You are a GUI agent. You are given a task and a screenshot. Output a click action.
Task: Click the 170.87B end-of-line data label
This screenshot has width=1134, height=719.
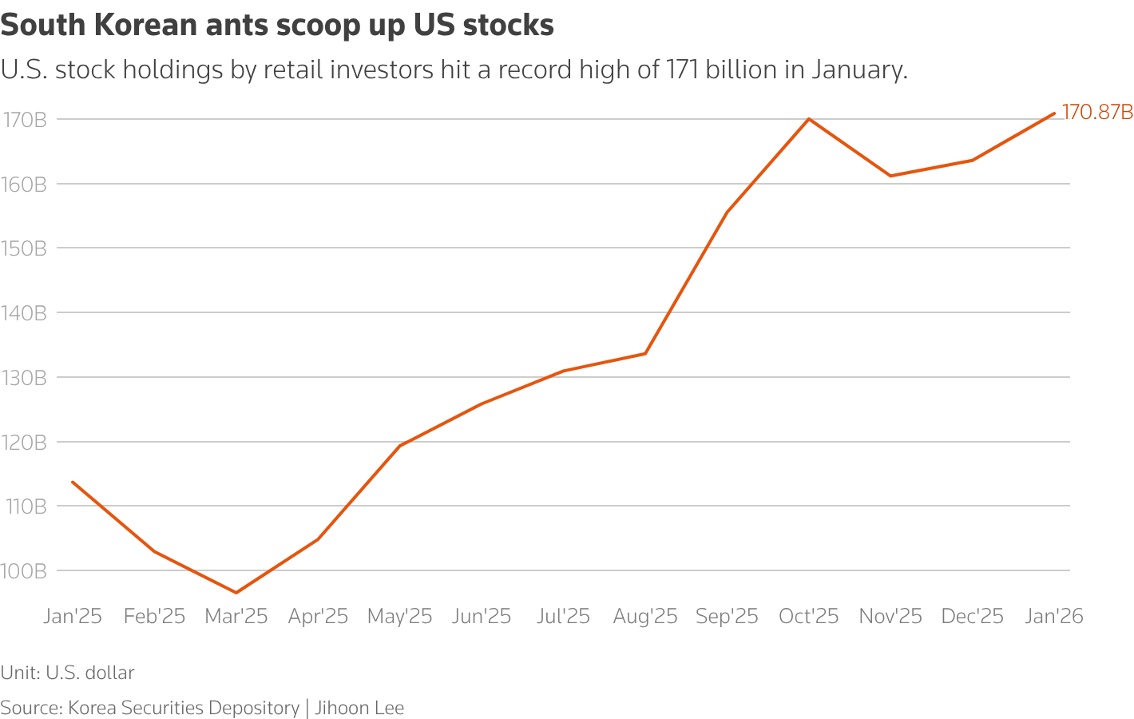click(x=1096, y=113)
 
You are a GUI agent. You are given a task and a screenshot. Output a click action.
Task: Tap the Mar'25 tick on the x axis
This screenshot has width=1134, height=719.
click(x=236, y=617)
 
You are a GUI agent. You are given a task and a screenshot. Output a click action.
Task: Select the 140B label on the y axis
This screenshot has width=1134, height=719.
click(x=24, y=313)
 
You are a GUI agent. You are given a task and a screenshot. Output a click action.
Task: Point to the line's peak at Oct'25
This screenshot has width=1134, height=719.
click(x=809, y=119)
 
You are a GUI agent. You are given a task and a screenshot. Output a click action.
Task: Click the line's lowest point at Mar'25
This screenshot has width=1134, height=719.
click(x=236, y=593)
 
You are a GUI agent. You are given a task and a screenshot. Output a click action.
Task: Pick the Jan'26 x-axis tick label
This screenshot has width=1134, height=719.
click(x=1054, y=617)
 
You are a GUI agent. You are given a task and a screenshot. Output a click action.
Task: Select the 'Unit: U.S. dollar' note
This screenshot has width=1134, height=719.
click(x=68, y=673)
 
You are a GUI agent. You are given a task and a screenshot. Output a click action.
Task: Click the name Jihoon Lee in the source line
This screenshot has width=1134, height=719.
click(x=359, y=708)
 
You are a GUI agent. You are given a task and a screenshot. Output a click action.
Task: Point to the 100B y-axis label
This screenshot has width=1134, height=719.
click(x=24, y=571)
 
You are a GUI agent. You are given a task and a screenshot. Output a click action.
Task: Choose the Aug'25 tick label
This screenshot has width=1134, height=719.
click(x=645, y=617)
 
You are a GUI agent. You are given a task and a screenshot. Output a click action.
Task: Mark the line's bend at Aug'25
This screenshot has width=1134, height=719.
click(x=645, y=353)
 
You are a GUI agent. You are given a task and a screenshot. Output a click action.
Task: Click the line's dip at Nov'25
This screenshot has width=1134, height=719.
click(x=890, y=176)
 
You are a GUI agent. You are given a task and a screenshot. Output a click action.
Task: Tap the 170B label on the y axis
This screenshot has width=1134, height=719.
click(x=24, y=120)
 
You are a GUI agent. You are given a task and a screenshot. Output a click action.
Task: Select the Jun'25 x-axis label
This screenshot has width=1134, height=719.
click(x=482, y=617)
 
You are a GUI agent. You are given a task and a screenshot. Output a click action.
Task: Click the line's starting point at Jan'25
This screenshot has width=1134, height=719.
click(x=73, y=482)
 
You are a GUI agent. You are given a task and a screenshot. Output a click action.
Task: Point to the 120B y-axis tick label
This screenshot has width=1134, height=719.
click(x=24, y=442)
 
